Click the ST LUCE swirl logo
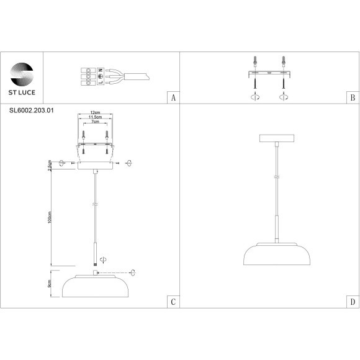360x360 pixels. pyautogui.click(x=22, y=73)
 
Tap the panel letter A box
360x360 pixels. pyautogui.click(x=173, y=98)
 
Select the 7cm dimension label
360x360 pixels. pyautogui.click(x=95, y=122)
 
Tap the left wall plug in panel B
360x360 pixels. pyautogui.click(x=254, y=61)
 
